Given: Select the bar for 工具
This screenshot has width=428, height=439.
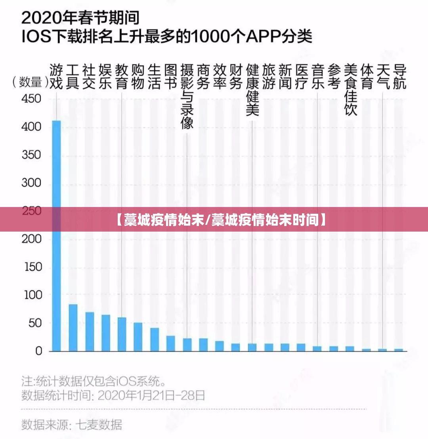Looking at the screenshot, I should tap(73, 328).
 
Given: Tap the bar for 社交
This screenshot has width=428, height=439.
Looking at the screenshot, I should tap(90, 332).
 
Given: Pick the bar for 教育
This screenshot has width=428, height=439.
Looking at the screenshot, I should tap(122, 334).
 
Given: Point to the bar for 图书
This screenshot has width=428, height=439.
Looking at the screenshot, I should tap(170, 343).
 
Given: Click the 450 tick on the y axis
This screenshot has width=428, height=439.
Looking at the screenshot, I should tap(31, 98).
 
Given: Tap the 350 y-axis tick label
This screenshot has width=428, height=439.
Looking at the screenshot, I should tap(31, 155).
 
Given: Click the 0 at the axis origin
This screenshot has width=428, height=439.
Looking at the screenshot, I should tap(38, 351).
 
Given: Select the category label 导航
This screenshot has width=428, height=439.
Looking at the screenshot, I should tap(399, 77).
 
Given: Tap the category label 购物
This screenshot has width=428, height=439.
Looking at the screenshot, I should tap(138, 77).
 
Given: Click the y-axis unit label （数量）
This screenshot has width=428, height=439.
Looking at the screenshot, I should tap(30, 82).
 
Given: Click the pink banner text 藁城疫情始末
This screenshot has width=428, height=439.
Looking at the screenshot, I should tap(164, 219).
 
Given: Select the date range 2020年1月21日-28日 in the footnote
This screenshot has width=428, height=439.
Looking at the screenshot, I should tap(151, 395).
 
